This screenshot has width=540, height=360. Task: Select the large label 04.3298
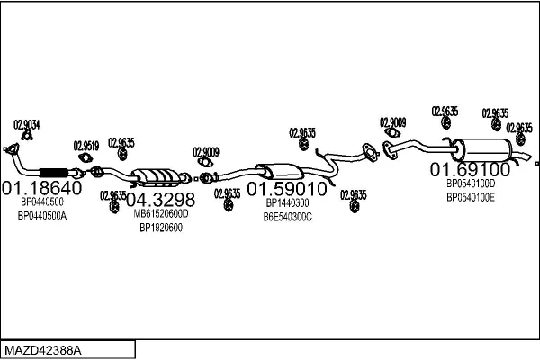[159, 199]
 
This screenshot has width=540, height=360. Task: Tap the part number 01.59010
[287, 190]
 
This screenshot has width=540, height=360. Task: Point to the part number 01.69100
[469, 168]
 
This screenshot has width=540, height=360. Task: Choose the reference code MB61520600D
[161, 214]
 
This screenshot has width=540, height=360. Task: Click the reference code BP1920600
[161, 228]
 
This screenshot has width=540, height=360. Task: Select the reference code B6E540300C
[287, 217]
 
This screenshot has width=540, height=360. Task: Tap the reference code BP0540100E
[471, 197]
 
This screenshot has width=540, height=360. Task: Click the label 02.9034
[27, 124]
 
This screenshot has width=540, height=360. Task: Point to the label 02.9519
[87, 145]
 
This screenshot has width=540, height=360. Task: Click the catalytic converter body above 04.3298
[156, 176]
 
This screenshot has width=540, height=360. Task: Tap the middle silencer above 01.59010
[278, 170]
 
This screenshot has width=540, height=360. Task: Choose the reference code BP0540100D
[471, 184]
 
